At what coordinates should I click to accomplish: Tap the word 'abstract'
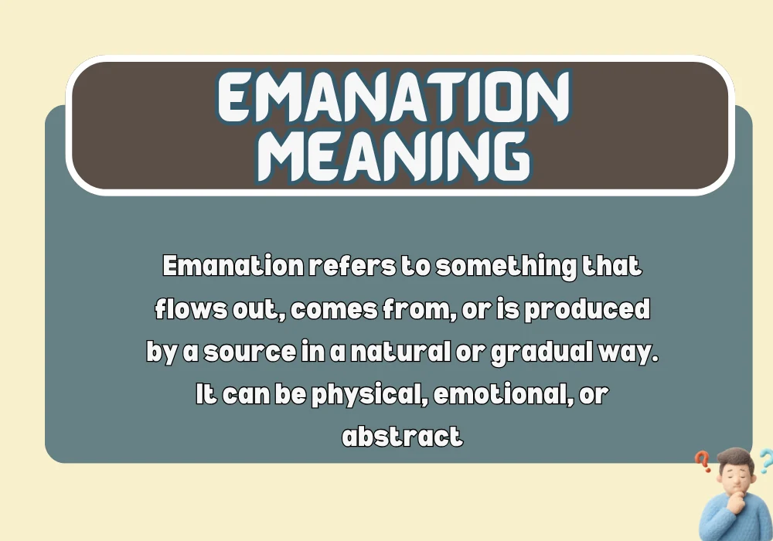402,437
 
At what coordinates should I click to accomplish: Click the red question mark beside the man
703,462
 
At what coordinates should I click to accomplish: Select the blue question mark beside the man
764,461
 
